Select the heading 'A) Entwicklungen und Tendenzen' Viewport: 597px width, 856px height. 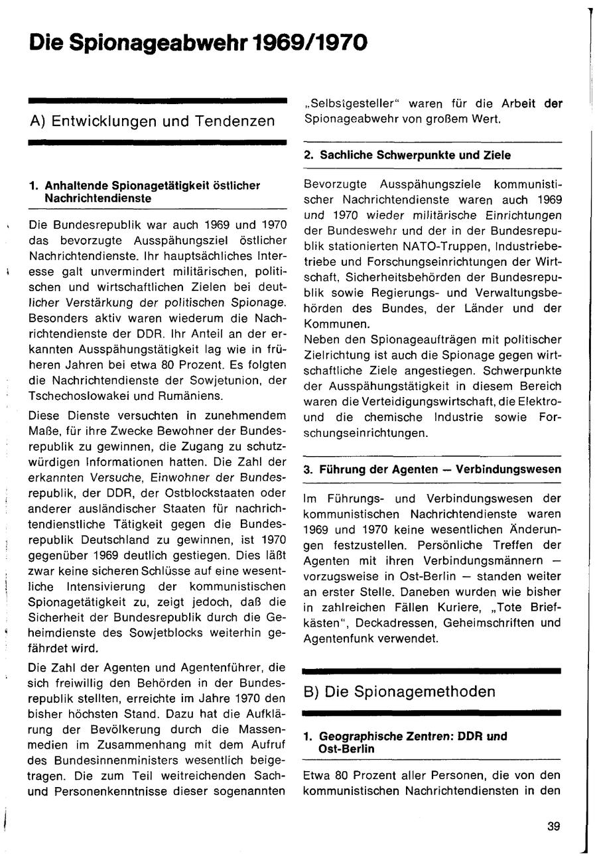152,121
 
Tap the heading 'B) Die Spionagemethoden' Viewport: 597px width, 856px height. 399,692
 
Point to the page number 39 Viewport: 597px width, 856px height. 554,825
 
